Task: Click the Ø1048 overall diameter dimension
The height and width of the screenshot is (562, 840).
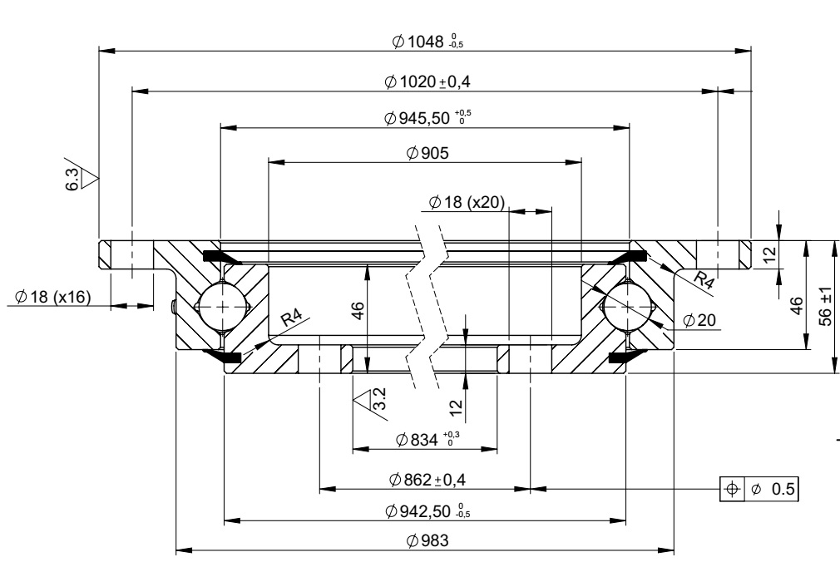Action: pos(425,42)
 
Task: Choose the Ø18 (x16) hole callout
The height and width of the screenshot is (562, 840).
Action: pos(52,298)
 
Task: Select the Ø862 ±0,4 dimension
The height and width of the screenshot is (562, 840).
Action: pos(425,480)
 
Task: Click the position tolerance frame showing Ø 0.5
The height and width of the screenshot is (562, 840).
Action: pos(759,488)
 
